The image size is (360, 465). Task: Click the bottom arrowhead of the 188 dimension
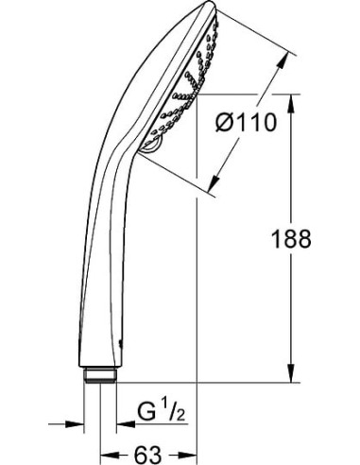pyautogui.click(x=289, y=376)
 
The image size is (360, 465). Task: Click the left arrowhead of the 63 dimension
pyautogui.click(x=108, y=455)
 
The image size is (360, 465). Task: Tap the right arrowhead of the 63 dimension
pyautogui.click(x=189, y=455)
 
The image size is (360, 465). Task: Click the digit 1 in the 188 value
pyautogui.click(x=273, y=239)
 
